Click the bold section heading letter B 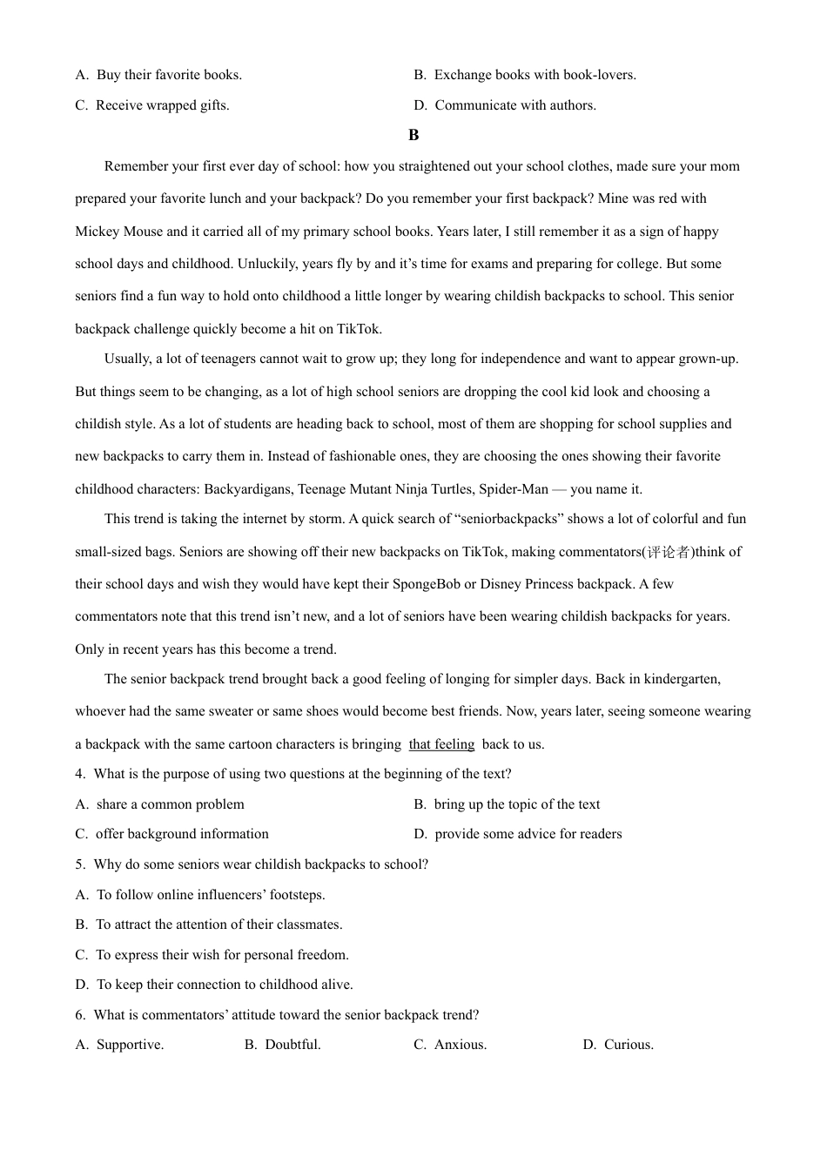coord(413,135)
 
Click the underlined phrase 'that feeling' coord(441,744)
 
